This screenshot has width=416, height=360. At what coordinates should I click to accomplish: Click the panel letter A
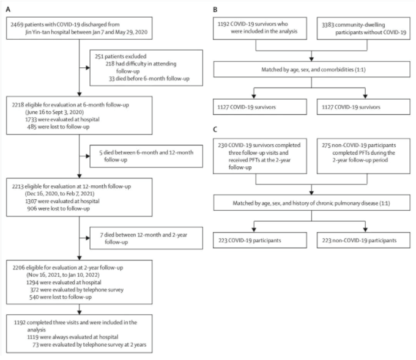click(8, 9)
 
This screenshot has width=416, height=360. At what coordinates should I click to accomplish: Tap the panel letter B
click(215, 10)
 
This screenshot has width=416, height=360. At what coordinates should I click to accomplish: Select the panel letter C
click(215, 130)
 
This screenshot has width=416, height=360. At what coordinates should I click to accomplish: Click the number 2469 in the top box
click(17, 24)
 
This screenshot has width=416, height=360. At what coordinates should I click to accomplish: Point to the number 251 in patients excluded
click(99, 56)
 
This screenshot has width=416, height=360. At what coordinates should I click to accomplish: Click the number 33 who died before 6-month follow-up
click(112, 79)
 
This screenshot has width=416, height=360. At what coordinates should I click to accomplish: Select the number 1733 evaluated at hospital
click(31, 120)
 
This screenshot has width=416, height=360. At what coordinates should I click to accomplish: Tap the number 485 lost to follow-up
click(32, 127)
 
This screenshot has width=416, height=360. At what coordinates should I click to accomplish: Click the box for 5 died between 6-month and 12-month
click(146, 156)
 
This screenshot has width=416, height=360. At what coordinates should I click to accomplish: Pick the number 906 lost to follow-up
click(32, 208)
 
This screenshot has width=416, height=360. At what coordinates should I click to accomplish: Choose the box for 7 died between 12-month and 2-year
click(146, 238)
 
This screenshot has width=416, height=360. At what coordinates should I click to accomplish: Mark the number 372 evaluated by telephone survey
click(34, 290)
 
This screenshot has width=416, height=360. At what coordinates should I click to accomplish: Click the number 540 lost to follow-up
click(34, 297)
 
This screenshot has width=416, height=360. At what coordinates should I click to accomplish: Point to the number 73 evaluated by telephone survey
click(35, 345)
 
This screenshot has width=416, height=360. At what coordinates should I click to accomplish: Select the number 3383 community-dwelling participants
click(328, 25)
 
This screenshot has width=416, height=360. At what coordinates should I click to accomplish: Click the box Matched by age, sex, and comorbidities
click(312, 70)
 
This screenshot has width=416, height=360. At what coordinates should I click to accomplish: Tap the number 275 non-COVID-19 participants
click(326, 145)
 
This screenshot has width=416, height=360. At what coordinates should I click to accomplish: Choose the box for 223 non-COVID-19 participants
click(363, 240)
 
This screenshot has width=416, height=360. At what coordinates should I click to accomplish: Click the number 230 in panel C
click(223, 145)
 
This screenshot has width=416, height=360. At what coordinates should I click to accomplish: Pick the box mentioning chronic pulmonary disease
click(312, 203)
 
